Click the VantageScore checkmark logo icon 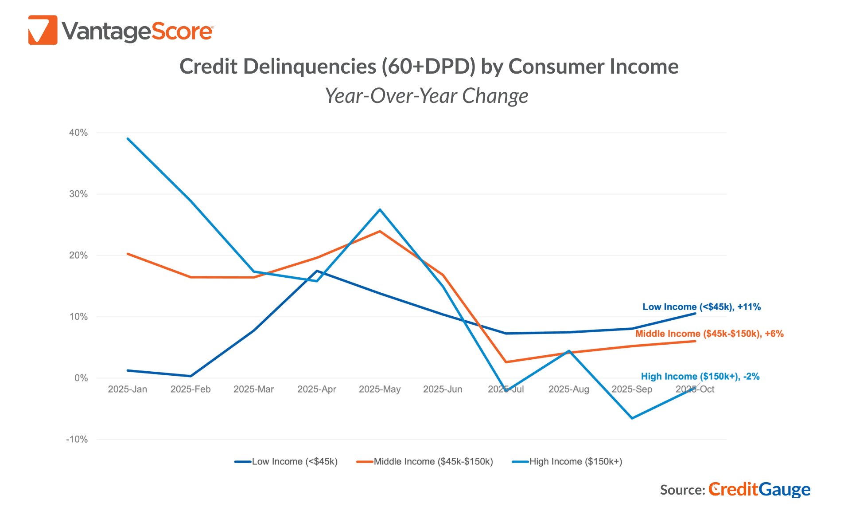pos(43,30)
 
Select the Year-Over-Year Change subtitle pos(426,96)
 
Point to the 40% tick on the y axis pos(78,133)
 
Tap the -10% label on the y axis pos(77,440)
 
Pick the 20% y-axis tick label pos(78,255)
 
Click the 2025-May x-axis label pos(379,389)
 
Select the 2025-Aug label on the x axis pos(568,389)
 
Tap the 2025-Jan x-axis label pos(127,389)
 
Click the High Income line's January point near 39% pos(128,138)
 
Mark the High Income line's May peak pos(380,209)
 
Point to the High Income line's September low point pos(632,418)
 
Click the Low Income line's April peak pos(317,271)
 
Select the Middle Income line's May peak pos(380,231)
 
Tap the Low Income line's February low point pos(191,376)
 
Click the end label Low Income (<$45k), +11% pos(701,307)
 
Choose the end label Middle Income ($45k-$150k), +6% pos(709,334)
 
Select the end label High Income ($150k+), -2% pos(700,377)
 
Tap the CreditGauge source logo pos(759,489)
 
